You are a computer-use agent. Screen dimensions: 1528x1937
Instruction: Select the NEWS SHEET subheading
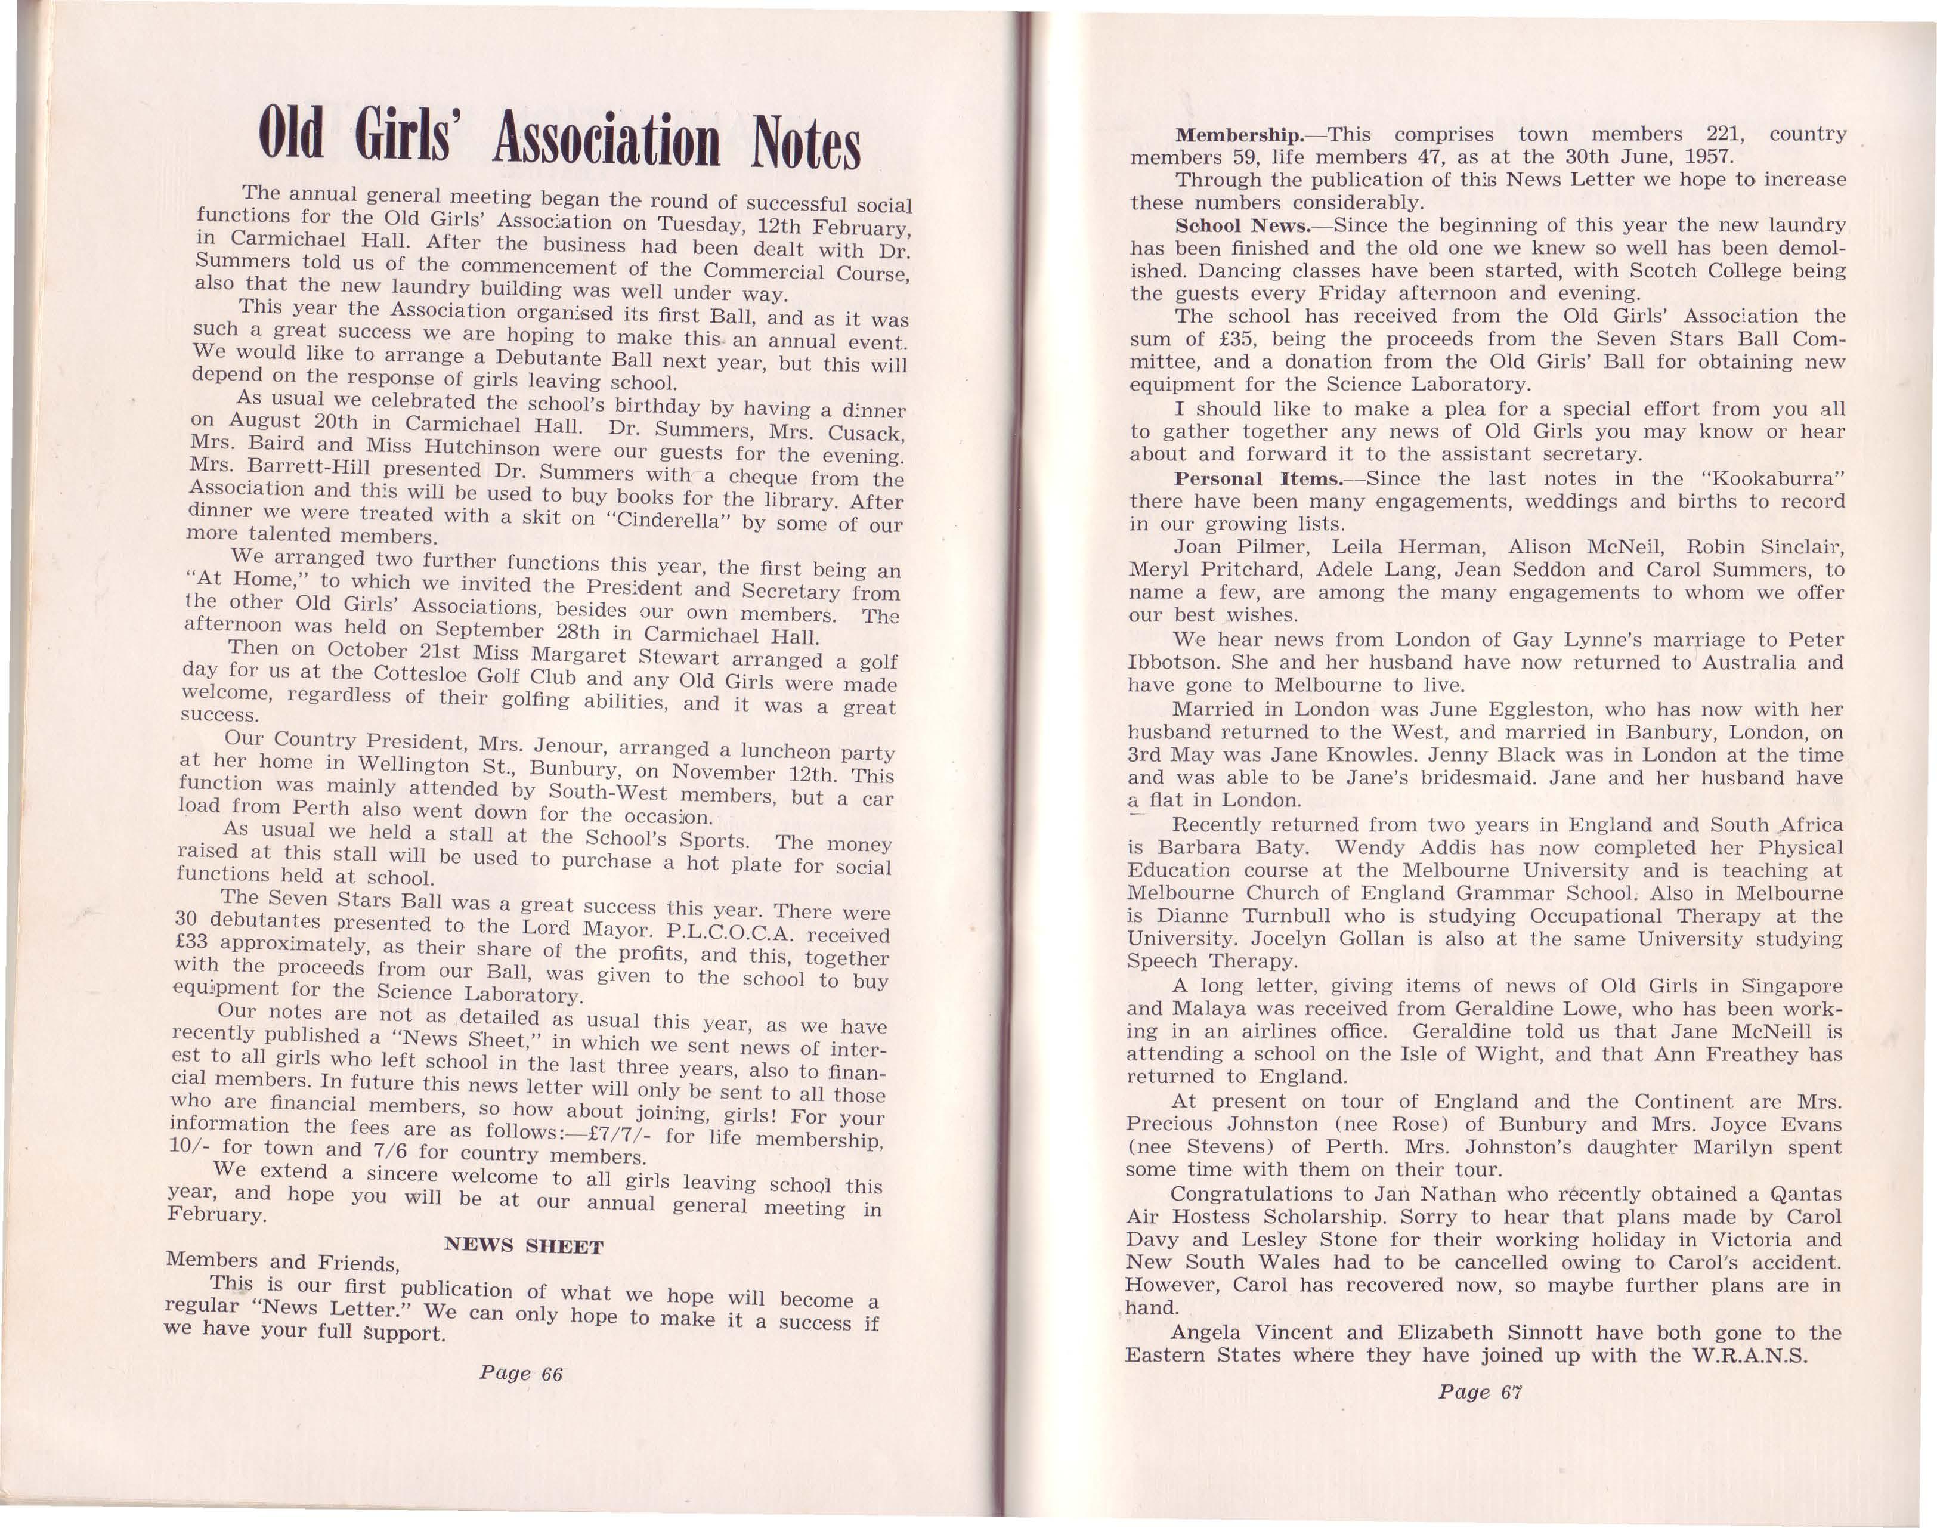[524, 1246]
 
